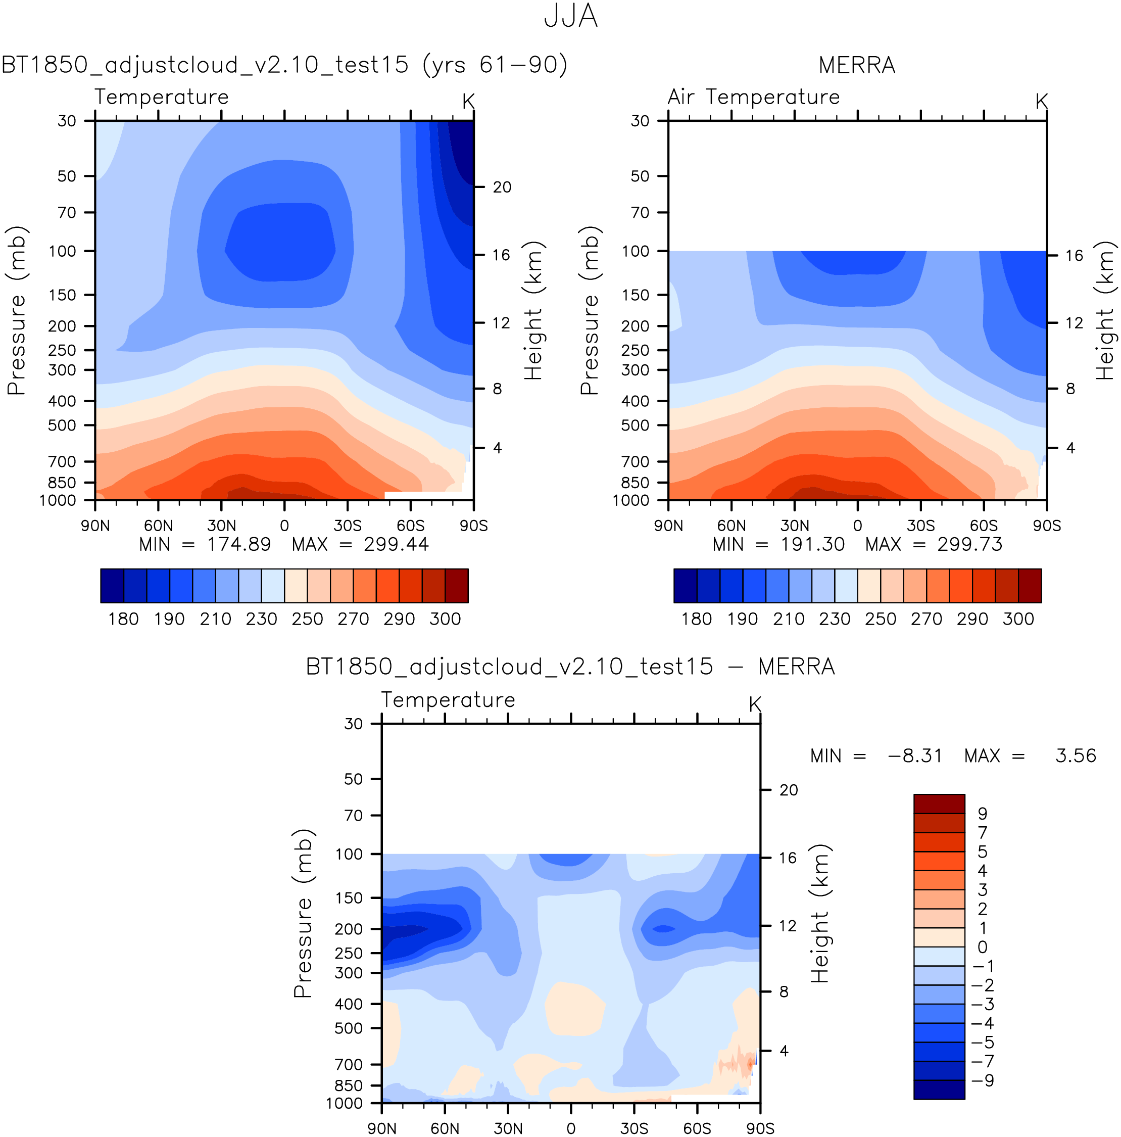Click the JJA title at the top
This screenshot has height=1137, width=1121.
click(570, 17)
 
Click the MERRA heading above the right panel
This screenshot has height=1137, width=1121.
click(856, 65)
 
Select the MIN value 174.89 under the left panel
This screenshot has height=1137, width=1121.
click(238, 544)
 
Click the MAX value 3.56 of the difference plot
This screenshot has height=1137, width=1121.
click(1075, 755)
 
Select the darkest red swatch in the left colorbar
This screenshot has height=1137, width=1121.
click(456, 586)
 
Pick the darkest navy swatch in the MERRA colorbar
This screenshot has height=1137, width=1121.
click(685, 586)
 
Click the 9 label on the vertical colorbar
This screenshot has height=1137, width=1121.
click(982, 814)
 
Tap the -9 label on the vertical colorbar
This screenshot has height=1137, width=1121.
click(982, 1080)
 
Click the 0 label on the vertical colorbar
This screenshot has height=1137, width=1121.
click(982, 947)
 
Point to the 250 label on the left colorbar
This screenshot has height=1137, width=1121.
click(307, 619)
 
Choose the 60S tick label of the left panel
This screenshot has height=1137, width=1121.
click(410, 526)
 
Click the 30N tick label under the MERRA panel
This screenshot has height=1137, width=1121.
click(795, 526)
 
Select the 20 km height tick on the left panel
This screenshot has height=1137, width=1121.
click(502, 187)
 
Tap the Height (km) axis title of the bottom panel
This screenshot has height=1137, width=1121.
click(820, 913)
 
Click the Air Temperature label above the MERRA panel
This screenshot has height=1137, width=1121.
click(753, 97)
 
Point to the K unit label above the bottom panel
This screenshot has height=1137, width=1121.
click(755, 704)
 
